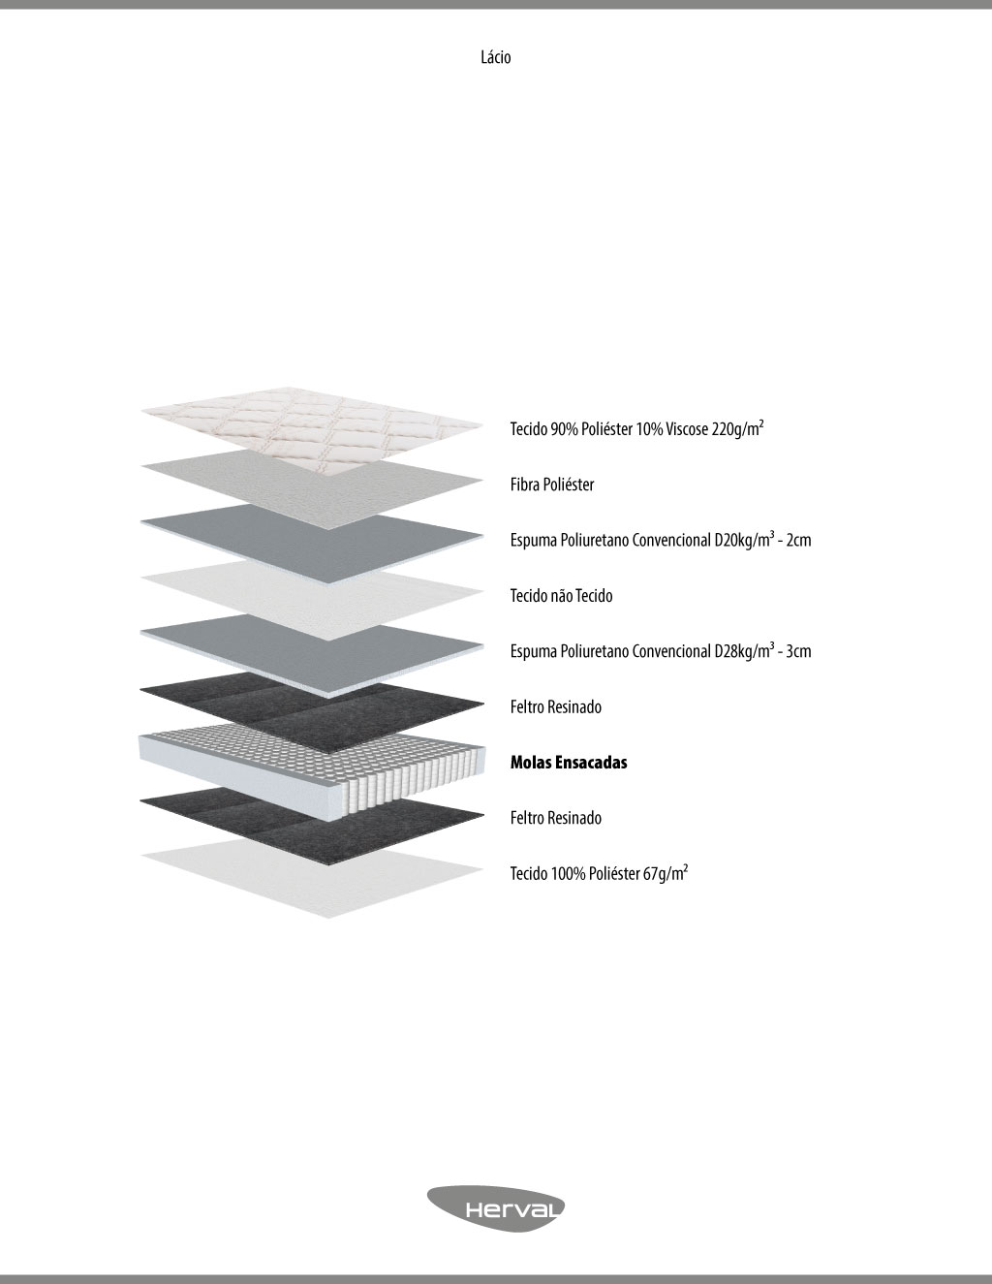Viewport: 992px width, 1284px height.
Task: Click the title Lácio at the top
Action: [x=495, y=57]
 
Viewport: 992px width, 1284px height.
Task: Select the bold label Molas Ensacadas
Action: [x=569, y=763]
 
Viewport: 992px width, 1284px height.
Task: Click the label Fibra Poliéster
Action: [x=552, y=485]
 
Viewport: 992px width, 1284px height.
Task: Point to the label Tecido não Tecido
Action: [x=561, y=596]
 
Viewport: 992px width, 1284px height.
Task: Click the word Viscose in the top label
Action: [x=687, y=429]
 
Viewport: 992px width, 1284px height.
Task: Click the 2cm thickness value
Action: [x=798, y=540]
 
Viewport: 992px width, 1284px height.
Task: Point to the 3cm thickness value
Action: [x=798, y=651]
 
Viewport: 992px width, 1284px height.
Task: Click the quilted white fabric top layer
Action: [x=312, y=428]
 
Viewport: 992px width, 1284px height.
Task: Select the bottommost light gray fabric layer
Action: [x=312, y=877]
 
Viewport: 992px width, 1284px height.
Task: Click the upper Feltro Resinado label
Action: [x=556, y=706]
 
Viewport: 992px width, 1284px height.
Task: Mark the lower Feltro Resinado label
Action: [x=556, y=818]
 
